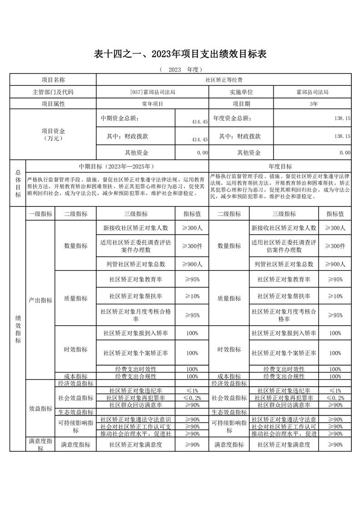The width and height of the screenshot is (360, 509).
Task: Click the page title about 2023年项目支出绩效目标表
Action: point(180,54)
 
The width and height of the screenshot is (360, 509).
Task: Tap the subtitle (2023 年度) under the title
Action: point(180,70)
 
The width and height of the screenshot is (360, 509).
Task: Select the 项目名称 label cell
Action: point(53,80)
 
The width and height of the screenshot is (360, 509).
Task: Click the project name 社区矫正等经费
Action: point(224,80)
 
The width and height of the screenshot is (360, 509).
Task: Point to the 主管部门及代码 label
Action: point(53,92)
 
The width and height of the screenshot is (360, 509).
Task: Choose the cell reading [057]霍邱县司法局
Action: point(153,92)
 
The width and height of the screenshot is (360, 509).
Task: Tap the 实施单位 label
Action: point(241,92)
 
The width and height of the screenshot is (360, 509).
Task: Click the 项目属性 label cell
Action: point(53,104)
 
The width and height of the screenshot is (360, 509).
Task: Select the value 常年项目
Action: point(153,104)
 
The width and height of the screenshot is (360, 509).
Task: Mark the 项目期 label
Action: point(241,104)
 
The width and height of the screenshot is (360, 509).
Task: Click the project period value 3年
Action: point(313,104)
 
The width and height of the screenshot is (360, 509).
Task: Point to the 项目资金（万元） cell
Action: point(53,135)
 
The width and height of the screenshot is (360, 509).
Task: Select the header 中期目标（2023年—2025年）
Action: point(117,166)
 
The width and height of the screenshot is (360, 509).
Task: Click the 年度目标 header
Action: point(280,166)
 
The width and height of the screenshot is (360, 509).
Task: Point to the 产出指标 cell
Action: point(40,300)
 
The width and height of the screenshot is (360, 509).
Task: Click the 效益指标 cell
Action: point(40,408)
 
